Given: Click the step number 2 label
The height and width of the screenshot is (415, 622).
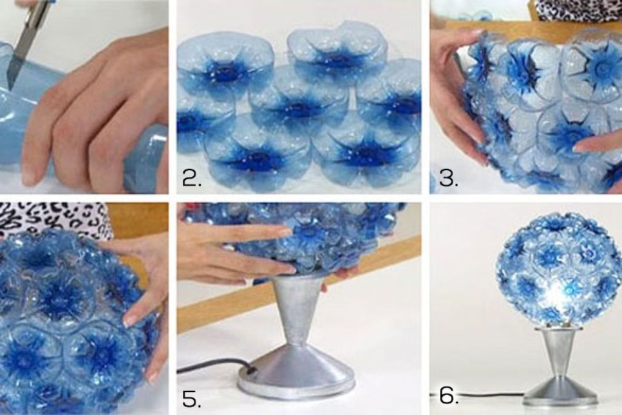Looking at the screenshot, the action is coord(192,178).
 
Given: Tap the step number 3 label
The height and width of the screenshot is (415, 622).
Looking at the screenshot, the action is coord(449,178).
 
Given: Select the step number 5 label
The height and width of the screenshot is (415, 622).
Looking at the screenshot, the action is coord(191,399).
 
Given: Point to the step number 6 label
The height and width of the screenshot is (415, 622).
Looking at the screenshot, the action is coord(449,396).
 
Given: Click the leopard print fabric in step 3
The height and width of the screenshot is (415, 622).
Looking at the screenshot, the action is coord(577,10).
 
